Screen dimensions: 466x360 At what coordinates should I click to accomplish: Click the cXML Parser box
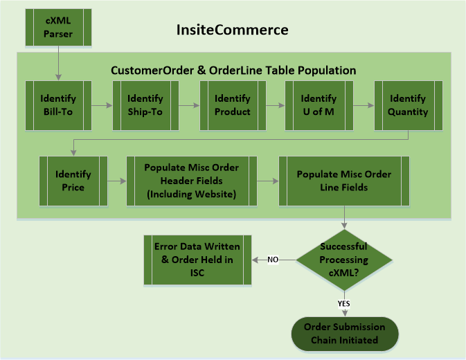pyautogui.click(x=58, y=27)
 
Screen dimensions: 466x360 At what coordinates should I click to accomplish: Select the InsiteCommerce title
pyautogui.click(x=233, y=30)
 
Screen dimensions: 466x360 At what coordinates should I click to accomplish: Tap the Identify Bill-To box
pyautogui.click(x=58, y=105)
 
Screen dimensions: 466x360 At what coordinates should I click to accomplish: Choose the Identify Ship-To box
pyautogui.click(x=145, y=105)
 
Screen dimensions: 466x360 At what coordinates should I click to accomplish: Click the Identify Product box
pyautogui.click(x=233, y=105)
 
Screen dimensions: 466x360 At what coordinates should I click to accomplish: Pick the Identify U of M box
pyautogui.click(x=319, y=105)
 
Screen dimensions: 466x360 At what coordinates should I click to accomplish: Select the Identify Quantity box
pyautogui.click(x=409, y=105)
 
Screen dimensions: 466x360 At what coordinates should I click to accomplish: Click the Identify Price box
pyautogui.click(x=73, y=181)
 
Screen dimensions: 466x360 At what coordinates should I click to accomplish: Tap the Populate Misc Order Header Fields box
pyautogui.click(x=192, y=181)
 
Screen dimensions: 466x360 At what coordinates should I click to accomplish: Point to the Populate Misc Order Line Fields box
pyautogui.click(x=344, y=181)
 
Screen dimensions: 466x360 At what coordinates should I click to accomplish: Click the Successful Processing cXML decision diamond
pyautogui.click(x=344, y=260)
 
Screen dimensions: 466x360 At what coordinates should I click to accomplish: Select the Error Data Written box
pyautogui.click(x=197, y=260)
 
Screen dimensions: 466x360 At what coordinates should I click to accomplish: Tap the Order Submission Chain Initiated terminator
pyautogui.click(x=345, y=334)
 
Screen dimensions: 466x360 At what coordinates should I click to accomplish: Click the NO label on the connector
pyautogui.click(x=273, y=260)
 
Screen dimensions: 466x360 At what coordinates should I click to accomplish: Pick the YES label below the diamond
pyautogui.click(x=344, y=303)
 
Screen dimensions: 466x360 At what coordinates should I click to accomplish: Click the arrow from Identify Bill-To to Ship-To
pyautogui.click(x=102, y=105)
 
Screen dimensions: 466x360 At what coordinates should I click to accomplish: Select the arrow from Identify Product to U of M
pyautogui.click(x=276, y=105)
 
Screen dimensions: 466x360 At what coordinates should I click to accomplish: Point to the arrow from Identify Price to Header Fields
pyautogui.click(x=117, y=181)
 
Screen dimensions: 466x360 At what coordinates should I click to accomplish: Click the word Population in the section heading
pyautogui.click(x=327, y=71)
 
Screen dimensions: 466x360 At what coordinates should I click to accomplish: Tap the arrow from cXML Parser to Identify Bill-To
pyautogui.click(x=59, y=63)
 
